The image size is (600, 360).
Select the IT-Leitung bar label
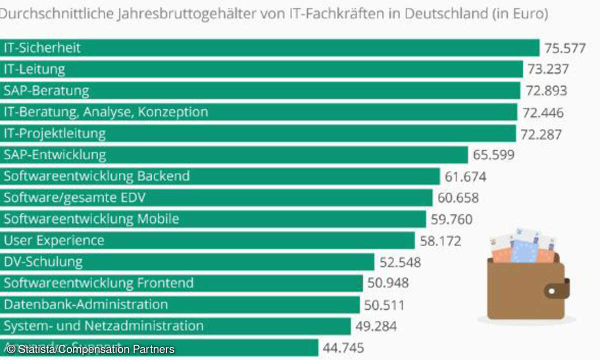pyautogui.click(x=34, y=69)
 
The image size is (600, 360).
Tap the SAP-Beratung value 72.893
pyautogui.click(x=546, y=91)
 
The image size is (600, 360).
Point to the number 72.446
pyautogui.click(x=543, y=112)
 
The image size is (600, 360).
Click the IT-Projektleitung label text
pyautogui.click(x=55, y=133)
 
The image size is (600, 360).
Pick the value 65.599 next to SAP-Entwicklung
pyautogui.click(x=493, y=155)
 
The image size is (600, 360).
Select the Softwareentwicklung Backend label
pyautogui.click(x=97, y=176)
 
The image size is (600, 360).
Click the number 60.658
pyautogui.click(x=458, y=198)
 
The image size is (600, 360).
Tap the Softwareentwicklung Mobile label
pyautogui.click(x=91, y=219)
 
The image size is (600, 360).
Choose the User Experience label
pyautogui.click(x=54, y=240)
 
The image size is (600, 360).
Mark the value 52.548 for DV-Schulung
pyautogui.click(x=400, y=262)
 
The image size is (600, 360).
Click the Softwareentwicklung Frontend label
pyautogui.click(x=98, y=283)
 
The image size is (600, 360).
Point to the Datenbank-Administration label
pyautogui.click(x=86, y=304)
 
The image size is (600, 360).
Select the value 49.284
pyautogui.click(x=376, y=326)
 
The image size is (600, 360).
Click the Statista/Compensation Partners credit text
pyautogui.click(x=90, y=349)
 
